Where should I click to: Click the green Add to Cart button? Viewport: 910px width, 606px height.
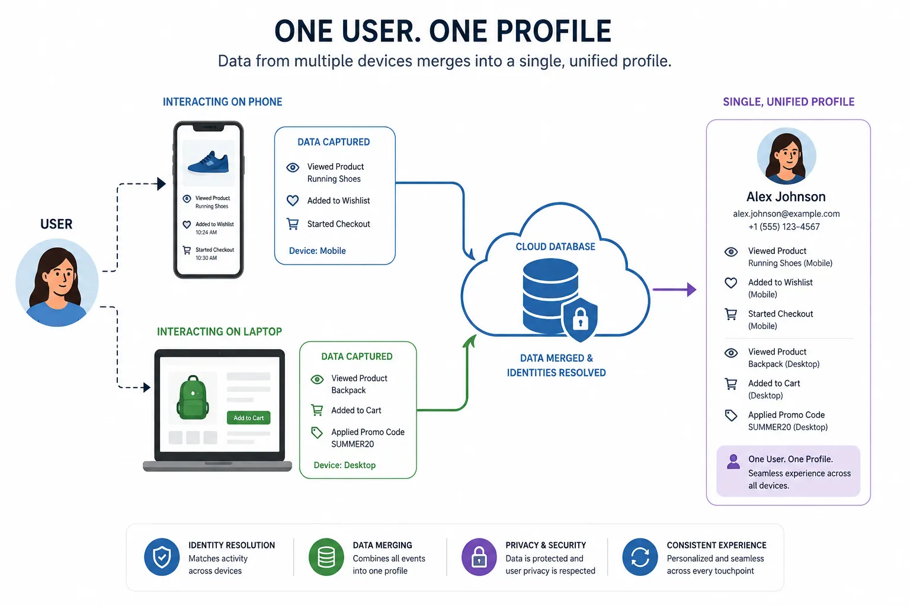point(248,418)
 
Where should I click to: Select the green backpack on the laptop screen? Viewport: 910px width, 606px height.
point(193,397)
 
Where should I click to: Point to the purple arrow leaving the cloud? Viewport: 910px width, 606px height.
point(674,289)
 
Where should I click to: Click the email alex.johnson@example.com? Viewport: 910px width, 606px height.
point(786,214)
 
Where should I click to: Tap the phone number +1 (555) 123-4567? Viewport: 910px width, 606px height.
point(784,227)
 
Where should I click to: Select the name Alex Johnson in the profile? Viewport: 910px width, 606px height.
point(786,197)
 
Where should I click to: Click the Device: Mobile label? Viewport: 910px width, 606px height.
point(318,251)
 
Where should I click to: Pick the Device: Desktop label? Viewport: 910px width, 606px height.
point(344,465)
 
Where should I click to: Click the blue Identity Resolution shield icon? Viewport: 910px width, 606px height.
point(162,557)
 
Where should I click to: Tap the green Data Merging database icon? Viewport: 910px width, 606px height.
point(326,557)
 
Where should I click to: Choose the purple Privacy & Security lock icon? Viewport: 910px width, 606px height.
point(479,557)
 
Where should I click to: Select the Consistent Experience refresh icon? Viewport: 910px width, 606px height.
point(640,557)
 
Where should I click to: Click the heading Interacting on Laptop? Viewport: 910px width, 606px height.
point(219,331)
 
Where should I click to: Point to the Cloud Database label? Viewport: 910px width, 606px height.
point(555,246)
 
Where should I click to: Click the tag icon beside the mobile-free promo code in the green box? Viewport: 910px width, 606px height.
point(317,433)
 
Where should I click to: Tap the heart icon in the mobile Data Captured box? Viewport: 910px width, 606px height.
point(293,201)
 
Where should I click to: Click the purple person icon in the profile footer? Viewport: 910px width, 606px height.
point(733,462)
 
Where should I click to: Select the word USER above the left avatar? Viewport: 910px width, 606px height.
point(56,224)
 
